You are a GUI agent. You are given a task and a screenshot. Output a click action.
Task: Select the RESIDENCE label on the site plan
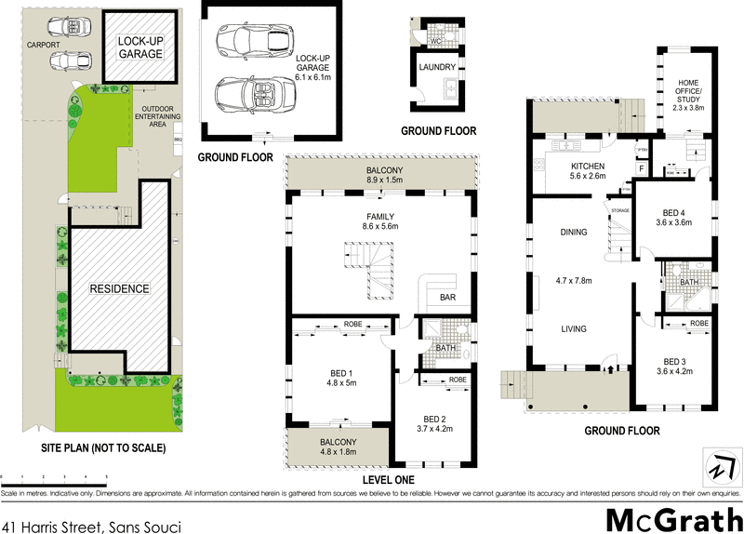[119, 289]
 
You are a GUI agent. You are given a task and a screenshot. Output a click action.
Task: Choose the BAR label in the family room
[447, 299]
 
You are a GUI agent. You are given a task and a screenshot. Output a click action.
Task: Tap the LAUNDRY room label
[437, 68]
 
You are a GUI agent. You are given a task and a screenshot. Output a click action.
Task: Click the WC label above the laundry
[434, 41]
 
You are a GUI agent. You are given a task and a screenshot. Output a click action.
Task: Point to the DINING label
[573, 233]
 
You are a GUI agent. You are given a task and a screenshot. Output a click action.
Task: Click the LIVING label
[573, 327]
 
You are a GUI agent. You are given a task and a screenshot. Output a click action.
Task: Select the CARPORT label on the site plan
[43, 44]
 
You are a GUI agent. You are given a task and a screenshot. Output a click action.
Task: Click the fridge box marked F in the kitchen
[642, 168]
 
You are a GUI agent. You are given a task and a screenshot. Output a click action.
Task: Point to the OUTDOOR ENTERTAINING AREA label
[153, 115]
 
